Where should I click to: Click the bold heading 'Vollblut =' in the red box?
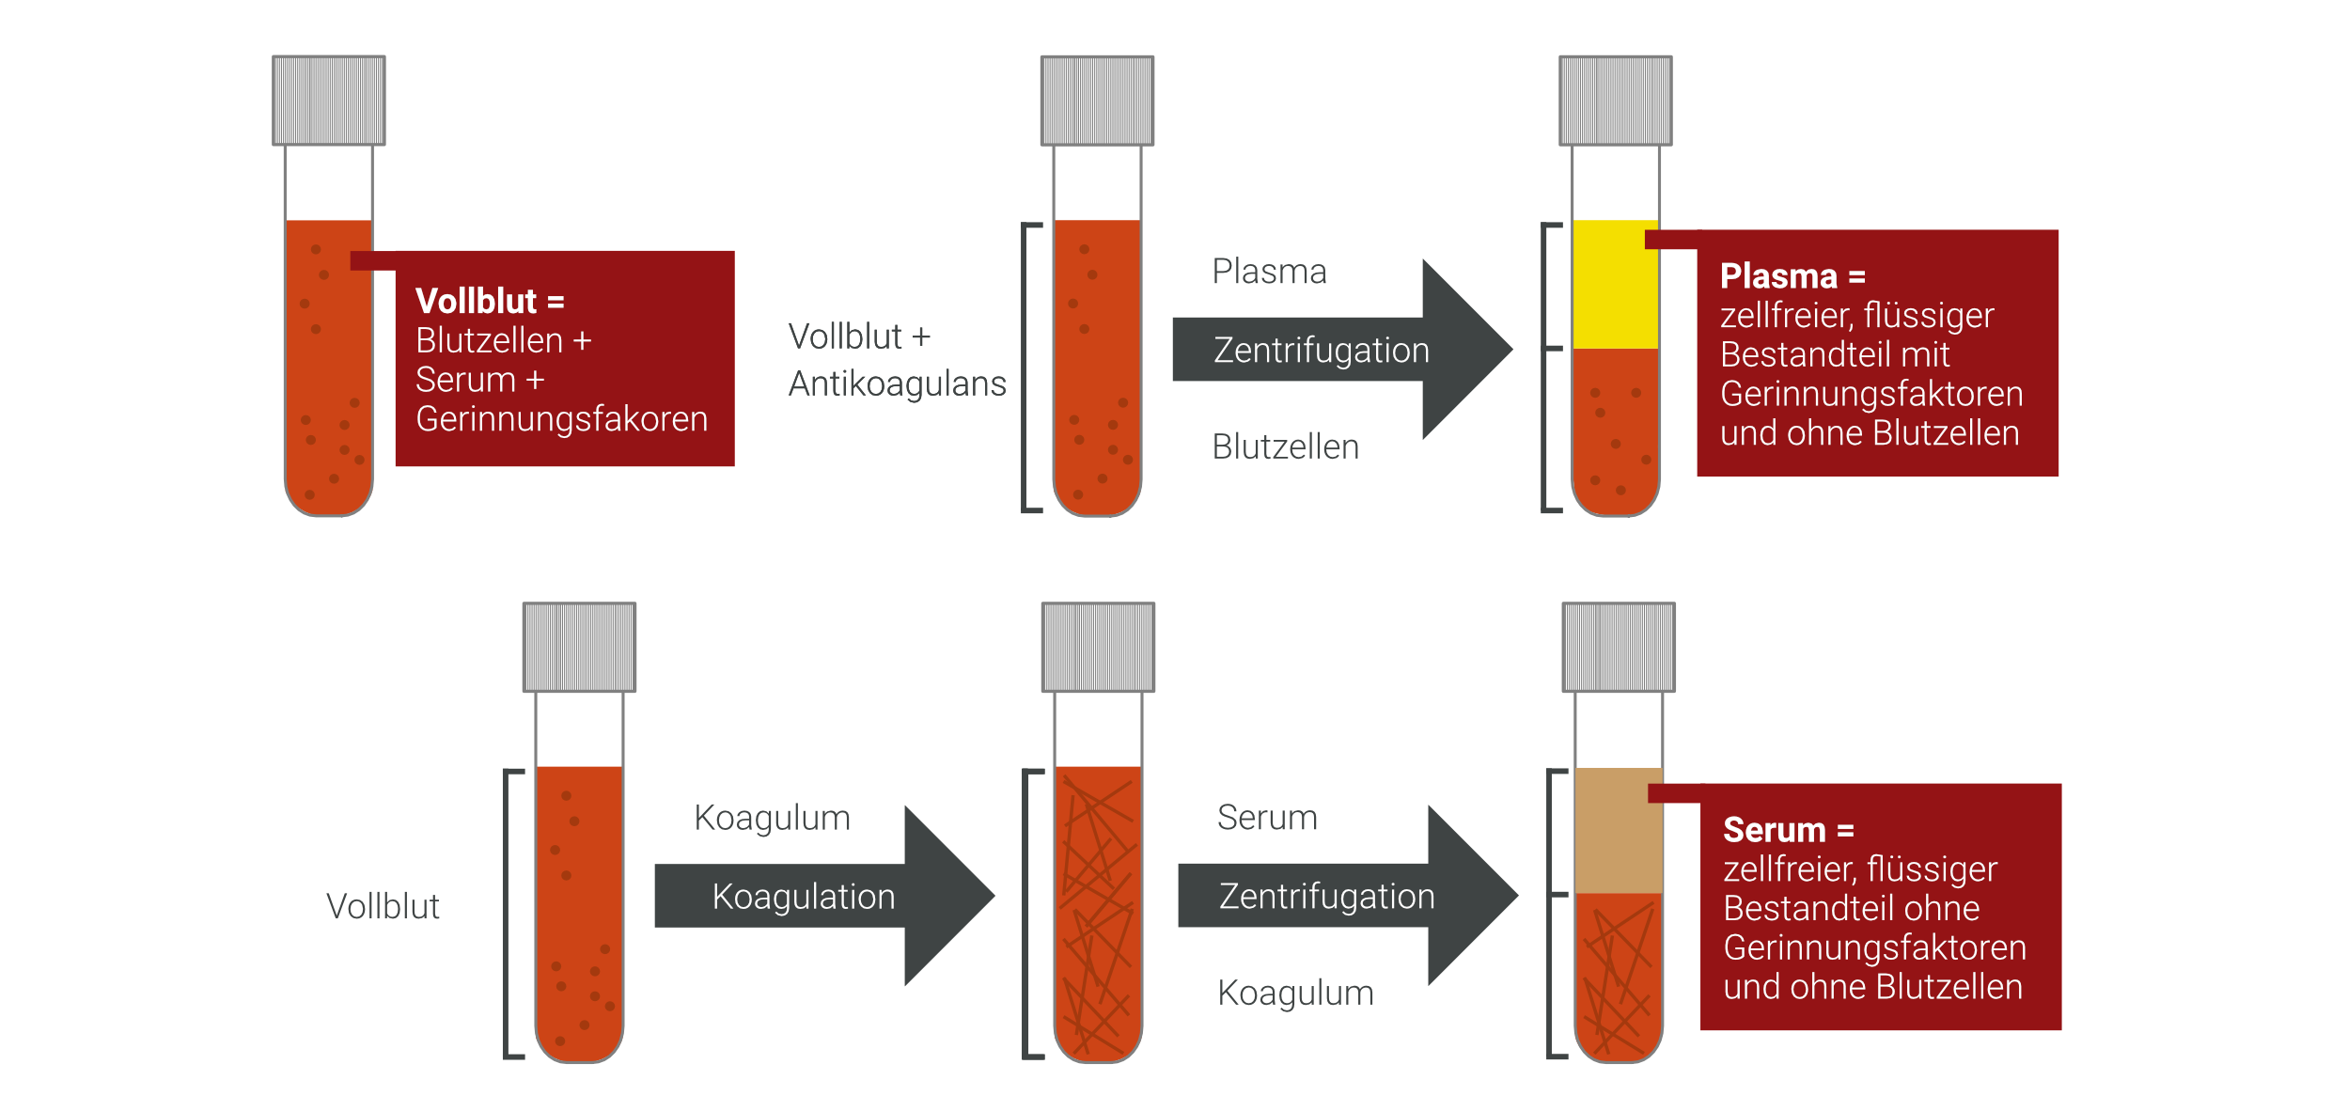click(x=489, y=301)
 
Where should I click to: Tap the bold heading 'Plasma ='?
click(x=1792, y=276)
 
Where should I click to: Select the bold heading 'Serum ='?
click(x=1788, y=830)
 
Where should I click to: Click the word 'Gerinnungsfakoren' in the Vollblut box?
click(x=561, y=419)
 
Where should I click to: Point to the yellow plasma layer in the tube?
click(x=1615, y=284)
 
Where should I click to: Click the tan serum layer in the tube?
click(x=1618, y=830)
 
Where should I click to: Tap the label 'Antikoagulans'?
click(x=897, y=383)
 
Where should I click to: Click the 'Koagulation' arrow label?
click(x=804, y=897)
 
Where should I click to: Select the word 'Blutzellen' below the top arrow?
click(x=1285, y=446)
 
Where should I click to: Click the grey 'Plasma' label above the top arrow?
click(x=1269, y=272)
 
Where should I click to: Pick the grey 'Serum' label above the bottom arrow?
click(x=1267, y=818)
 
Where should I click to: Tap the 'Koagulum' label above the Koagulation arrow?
click(x=772, y=818)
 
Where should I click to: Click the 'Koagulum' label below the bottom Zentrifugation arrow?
click(x=1295, y=993)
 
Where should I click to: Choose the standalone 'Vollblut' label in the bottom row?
click(x=383, y=906)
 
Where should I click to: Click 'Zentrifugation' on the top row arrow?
click(x=1321, y=351)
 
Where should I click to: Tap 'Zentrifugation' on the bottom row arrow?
click(x=1326, y=897)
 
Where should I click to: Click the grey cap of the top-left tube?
click(x=329, y=101)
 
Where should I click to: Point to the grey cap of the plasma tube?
click(x=1615, y=101)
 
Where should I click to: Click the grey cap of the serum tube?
click(x=1618, y=648)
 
